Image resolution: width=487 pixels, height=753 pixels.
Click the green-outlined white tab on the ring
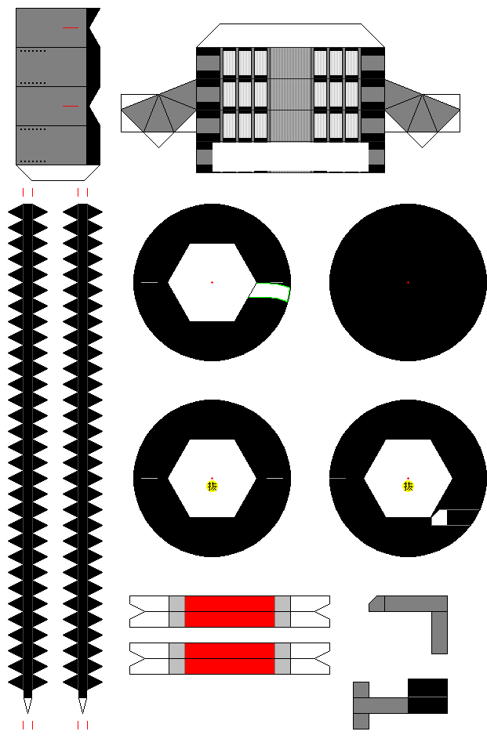270,291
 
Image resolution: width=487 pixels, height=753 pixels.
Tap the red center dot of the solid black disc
408,282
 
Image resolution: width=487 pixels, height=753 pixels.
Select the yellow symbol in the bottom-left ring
212,487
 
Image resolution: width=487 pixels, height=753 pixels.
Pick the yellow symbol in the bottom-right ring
408,487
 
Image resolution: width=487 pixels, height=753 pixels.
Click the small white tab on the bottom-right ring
439,518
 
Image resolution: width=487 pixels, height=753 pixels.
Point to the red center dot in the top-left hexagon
212,282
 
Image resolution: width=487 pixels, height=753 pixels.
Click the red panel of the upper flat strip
230,611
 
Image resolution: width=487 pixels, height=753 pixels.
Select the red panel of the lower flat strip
230,658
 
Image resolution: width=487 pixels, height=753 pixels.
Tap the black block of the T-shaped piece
428,696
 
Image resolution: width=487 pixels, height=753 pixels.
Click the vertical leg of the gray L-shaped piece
439,632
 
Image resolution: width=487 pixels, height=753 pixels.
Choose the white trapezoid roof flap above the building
290,35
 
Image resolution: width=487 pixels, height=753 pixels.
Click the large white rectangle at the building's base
290,157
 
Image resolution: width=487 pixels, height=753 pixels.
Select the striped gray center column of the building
290,95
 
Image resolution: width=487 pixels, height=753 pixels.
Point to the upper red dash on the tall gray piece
71,28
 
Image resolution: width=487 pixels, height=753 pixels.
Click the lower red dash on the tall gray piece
71,106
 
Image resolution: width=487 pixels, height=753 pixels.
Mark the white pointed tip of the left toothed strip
28,705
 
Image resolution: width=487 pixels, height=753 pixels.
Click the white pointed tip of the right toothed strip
82,705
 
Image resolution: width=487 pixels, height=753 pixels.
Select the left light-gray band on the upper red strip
177,611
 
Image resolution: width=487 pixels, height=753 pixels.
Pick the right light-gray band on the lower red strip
282,658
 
